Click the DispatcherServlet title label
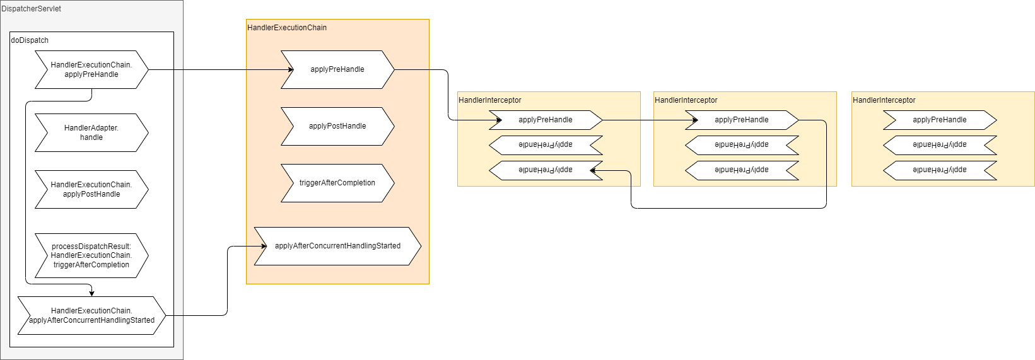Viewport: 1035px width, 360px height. tap(32, 9)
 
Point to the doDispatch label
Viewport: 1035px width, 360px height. tap(30, 40)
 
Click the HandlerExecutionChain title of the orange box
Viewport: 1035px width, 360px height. tap(287, 28)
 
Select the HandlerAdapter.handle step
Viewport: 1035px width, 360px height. tap(91, 132)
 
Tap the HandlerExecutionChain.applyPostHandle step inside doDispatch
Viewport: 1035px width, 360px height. tap(91, 190)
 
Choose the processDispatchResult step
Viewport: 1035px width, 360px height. tap(91, 255)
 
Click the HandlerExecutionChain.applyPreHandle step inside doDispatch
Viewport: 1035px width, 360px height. tap(91, 70)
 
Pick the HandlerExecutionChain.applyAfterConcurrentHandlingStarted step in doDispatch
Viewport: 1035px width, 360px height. tap(91, 316)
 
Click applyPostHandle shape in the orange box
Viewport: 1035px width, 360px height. tap(338, 126)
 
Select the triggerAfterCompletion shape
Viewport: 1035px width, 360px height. tap(338, 183)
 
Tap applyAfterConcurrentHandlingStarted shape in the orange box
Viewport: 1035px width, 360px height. tap(338, 247)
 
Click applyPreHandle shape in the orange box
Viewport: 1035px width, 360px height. tap(338, 70)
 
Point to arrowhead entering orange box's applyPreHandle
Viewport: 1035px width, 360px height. tap(291, 70)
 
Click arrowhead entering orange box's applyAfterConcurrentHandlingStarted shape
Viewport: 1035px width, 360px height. tap(264, 247)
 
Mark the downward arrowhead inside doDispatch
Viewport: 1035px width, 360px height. tap(91, 293)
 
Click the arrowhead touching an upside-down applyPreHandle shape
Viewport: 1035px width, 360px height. tap(593, 170)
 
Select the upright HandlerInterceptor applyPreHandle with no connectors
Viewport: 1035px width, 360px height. tap(940, 120)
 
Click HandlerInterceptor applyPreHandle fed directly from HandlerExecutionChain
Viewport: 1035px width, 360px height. tap(546, 120)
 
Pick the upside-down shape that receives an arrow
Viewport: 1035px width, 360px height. tap(546, 170)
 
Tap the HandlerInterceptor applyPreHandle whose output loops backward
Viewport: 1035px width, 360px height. tap(742, 120)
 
